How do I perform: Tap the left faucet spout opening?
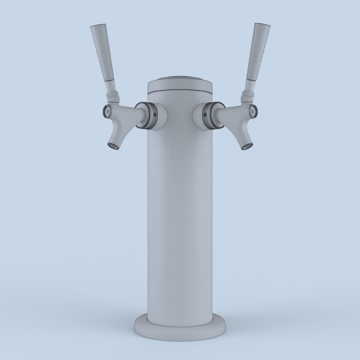tap(113, 146)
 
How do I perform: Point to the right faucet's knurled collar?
tap(247, 97)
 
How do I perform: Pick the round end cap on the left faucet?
tap(106, 111)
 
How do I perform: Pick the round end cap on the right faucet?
tap(254, 111)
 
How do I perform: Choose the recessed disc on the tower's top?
tap(180, 79)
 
